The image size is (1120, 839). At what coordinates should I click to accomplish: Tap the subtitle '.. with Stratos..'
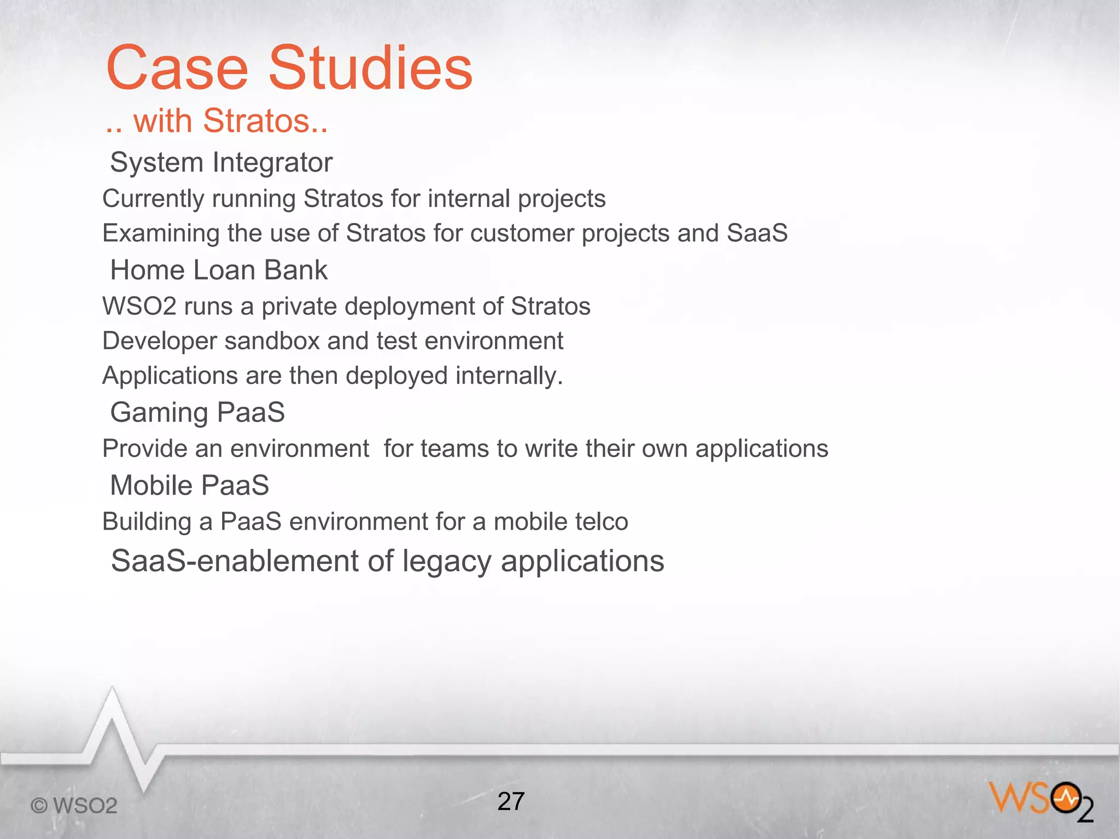(217, 121)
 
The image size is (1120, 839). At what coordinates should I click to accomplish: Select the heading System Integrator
(221, 162)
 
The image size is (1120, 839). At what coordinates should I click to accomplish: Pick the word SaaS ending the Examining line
(757, 233)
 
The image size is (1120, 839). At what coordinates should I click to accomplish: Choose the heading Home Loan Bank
(219, 270)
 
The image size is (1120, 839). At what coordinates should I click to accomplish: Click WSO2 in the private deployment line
(139, 306)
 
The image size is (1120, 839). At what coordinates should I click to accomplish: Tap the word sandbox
(272, 341)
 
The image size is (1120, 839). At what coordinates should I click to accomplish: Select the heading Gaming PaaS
(197, 413)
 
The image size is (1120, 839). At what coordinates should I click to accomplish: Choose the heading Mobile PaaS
(189, 485)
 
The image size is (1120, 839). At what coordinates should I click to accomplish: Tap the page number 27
(511, 801)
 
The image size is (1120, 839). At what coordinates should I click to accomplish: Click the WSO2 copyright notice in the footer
(74, 806)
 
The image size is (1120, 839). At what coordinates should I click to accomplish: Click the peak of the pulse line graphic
(113, 690)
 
